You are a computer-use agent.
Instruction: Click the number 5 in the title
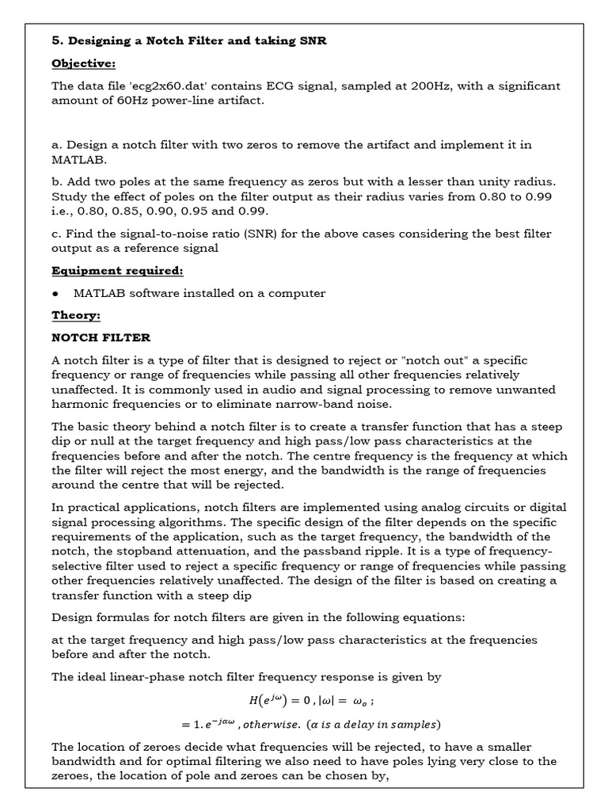click(x=55, y=41)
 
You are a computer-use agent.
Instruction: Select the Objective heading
click(x=83, y=63)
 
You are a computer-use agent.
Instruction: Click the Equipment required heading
click(x=117, y=271)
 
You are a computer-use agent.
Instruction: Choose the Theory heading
click(x=76, y=315)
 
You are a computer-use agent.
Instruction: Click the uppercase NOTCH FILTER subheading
click(x=101, y=337)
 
